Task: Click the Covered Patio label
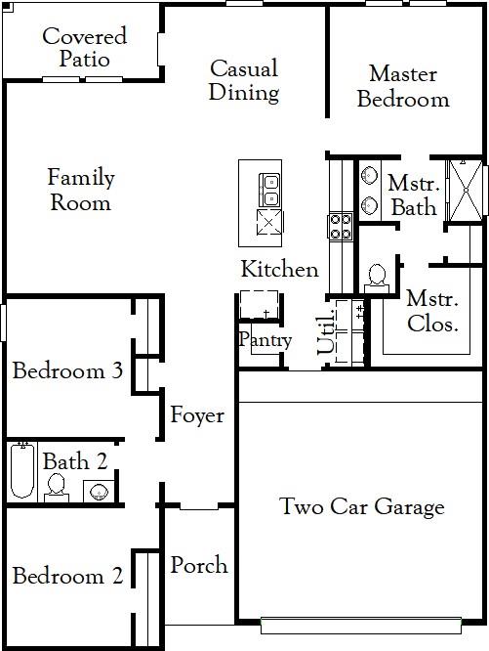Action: (85, 47)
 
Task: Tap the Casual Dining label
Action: (244, 80)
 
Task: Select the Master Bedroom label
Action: (403, 86)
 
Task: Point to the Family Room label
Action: (81, 190)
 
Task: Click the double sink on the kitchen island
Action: (269, 190)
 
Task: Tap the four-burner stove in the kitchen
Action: (341, 227)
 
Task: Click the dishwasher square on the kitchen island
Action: (269, 222)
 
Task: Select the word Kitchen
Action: (280, 269)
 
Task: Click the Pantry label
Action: (265, 340)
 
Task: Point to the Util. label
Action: (326, 331)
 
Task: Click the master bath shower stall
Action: (466, 191)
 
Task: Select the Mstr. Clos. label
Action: (432, 311)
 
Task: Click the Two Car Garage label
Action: (362, 506)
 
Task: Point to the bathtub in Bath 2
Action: (22, 470)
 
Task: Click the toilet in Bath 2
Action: (57, 489)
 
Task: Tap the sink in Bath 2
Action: (99, 491)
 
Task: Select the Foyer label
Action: (197, 415)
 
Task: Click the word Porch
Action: (199, 565)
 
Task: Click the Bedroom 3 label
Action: (67, 370)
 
